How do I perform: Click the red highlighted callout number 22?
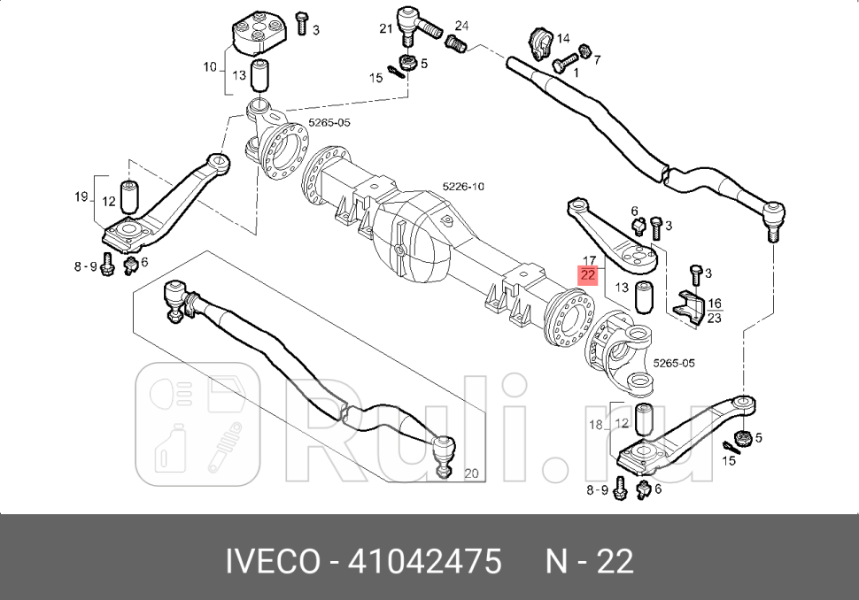click(x=588, y=275)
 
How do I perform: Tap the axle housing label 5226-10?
click(x=463, y=187)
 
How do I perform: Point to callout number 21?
click(x=385, y=28)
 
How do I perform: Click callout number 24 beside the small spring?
click(x=461, y=26)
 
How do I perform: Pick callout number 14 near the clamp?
click(x=563, y=39)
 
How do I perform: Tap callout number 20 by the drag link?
click(x=470, y=473)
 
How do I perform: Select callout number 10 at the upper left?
click(x=210, y=66)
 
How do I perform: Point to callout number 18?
click(x=596, y=425)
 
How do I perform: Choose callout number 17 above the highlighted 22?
click(x=588, y=262)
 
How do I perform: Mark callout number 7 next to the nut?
click(x=597, y=59)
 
